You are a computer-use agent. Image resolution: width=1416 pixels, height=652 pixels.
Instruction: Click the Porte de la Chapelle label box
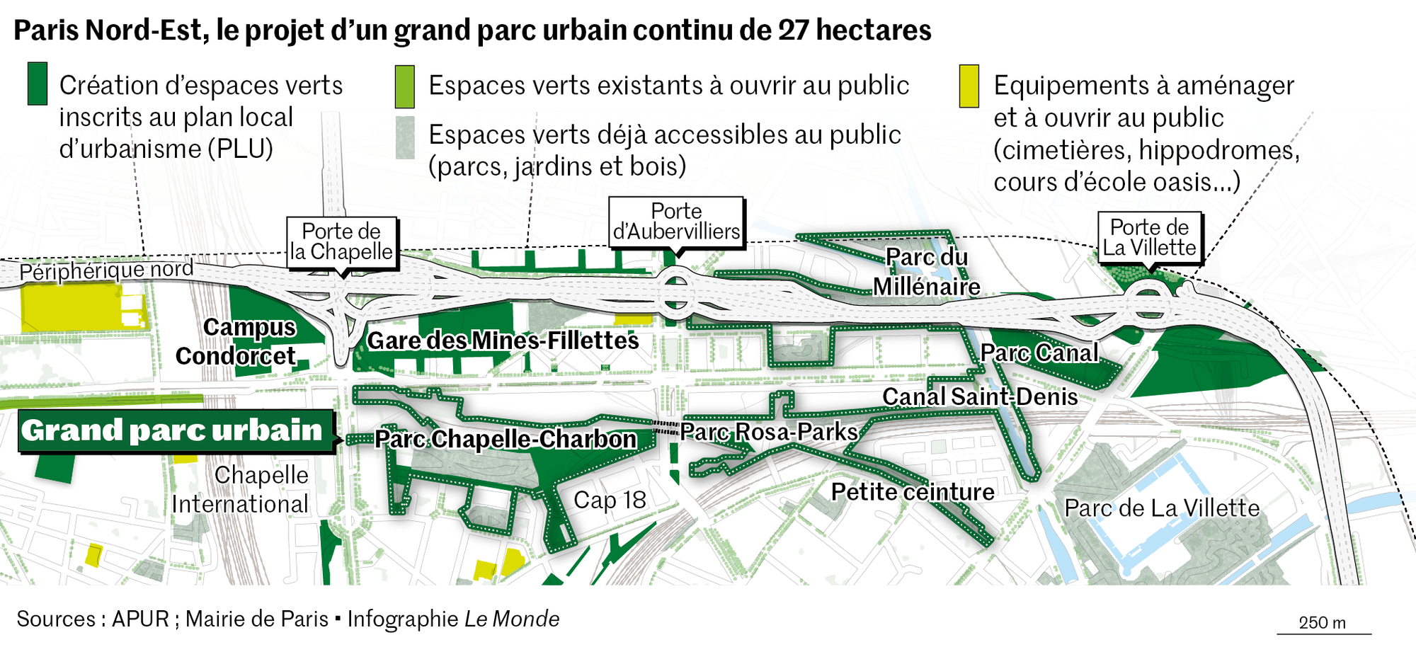click(341, 242)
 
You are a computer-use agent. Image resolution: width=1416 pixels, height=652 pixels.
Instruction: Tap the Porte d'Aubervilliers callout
click(676, 222)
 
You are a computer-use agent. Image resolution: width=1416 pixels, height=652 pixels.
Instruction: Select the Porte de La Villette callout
click(1149, 237)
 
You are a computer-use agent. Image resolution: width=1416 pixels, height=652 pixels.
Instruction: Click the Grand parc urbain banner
click(174, 430)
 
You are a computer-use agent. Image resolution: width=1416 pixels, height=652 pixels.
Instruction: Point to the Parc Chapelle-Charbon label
click(506, 439)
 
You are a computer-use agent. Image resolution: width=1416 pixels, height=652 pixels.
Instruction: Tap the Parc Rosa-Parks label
click(769, 431)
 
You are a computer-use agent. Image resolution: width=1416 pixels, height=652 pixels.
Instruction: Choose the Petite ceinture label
click(913, 492)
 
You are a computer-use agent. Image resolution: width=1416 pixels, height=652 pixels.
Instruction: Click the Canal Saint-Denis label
click(980, 396)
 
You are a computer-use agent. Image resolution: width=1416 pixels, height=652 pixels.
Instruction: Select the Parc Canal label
click(1039, 353)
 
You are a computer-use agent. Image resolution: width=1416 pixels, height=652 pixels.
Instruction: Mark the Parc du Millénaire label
click(927, 272)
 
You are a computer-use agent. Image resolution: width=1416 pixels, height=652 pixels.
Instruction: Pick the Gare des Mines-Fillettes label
click(503, 341)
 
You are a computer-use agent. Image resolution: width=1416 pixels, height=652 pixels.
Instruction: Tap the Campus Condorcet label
click(236, 341)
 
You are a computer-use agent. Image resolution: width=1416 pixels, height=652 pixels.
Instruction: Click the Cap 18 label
click(610, 501)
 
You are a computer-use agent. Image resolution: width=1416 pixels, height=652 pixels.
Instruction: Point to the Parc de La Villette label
click(1162, 508)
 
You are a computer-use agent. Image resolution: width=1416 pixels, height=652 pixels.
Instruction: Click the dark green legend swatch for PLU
click(38, 84)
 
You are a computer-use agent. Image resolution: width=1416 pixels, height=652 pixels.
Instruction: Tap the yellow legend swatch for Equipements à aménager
click(969, 86)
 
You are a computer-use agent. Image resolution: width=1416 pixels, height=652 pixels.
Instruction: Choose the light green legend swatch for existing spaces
click(405, 86)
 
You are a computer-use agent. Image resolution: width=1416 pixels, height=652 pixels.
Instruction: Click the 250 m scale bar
click(1323, 632)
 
